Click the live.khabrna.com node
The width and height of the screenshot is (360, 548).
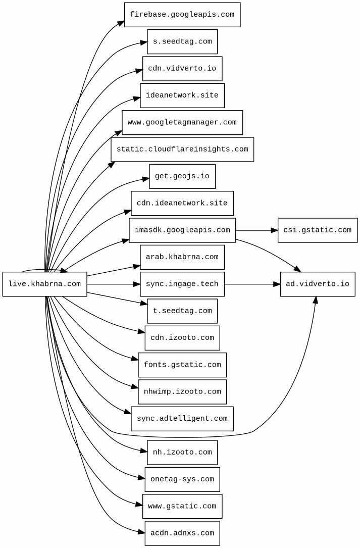click(44, 284)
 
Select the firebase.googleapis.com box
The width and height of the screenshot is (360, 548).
click(182, 15)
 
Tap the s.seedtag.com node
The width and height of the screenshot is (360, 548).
click(182, 41)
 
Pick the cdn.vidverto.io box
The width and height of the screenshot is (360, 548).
click(182, 69)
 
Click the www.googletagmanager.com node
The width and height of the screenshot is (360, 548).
click(182, 122)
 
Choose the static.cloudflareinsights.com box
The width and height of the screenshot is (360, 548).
click(182, 150)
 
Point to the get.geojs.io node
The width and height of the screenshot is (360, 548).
click(182, 176)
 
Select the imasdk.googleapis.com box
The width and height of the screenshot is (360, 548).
click(182, 230)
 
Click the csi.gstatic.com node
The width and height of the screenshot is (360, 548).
click(317, 230)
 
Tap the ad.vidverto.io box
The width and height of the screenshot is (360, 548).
click(317, 284)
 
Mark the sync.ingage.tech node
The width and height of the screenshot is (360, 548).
click(182, 284)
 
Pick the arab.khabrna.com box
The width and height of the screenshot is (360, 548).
click(182, 257)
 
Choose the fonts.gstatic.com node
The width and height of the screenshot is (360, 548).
click(182, 365)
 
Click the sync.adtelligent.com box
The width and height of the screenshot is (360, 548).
click(182, 419)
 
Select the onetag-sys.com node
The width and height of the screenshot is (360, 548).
click(182, 479)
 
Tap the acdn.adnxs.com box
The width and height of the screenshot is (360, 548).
click(182, 533)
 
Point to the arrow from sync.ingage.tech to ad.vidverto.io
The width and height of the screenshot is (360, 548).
click(252, 284)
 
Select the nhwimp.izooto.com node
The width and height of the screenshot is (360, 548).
click(182, 392)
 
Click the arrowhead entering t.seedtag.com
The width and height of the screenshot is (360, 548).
click(143, 303)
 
